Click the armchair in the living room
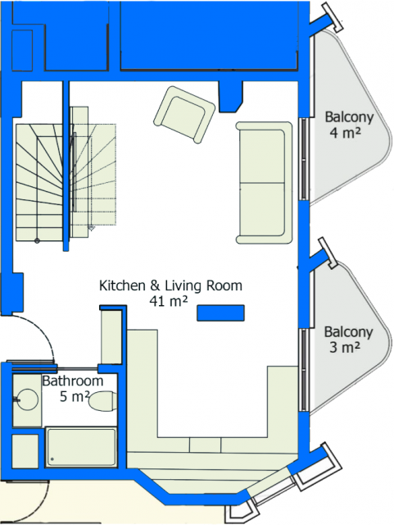coord(184,115)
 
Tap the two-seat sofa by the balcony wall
coord(264,182)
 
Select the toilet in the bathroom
coord(102,401)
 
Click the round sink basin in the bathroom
coord(27,399)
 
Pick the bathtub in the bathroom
coord(81,447)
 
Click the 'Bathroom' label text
coord(73,381)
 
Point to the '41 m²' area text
coord(168,301)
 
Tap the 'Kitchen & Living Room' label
coord(170,285)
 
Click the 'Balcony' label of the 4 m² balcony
coord(349,117)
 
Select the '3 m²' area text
coord(345,347)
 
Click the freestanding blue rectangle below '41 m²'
coord(220,313)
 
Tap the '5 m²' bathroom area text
coord(75,397)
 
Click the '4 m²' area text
coord(346,133)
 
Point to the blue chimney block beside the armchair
coord(230,96)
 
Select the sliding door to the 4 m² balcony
coord(304,158)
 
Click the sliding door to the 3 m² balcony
coord(304,370)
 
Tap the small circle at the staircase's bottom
coord(37,240)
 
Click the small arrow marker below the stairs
coord(91,228)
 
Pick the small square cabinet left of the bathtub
coord(25,451)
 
